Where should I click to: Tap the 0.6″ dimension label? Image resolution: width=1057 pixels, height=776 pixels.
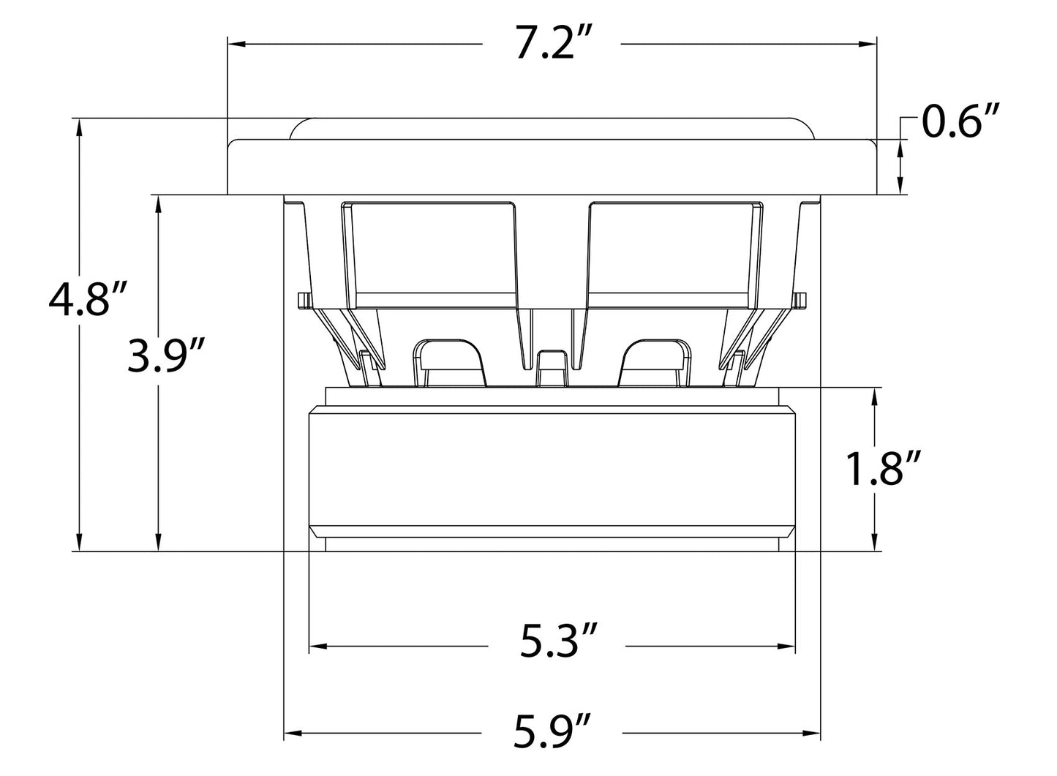tap(959, 121)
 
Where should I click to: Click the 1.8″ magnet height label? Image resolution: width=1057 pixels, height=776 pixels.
tap(884, 468)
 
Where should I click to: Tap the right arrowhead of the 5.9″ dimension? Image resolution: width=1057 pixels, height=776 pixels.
tap(813, 734)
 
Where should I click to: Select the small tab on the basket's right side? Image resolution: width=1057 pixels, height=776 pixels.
tap(800, 300)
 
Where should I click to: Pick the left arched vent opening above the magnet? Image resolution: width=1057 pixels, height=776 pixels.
tap(449, 363)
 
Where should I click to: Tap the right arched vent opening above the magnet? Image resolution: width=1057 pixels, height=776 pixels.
tap(655, 363)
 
